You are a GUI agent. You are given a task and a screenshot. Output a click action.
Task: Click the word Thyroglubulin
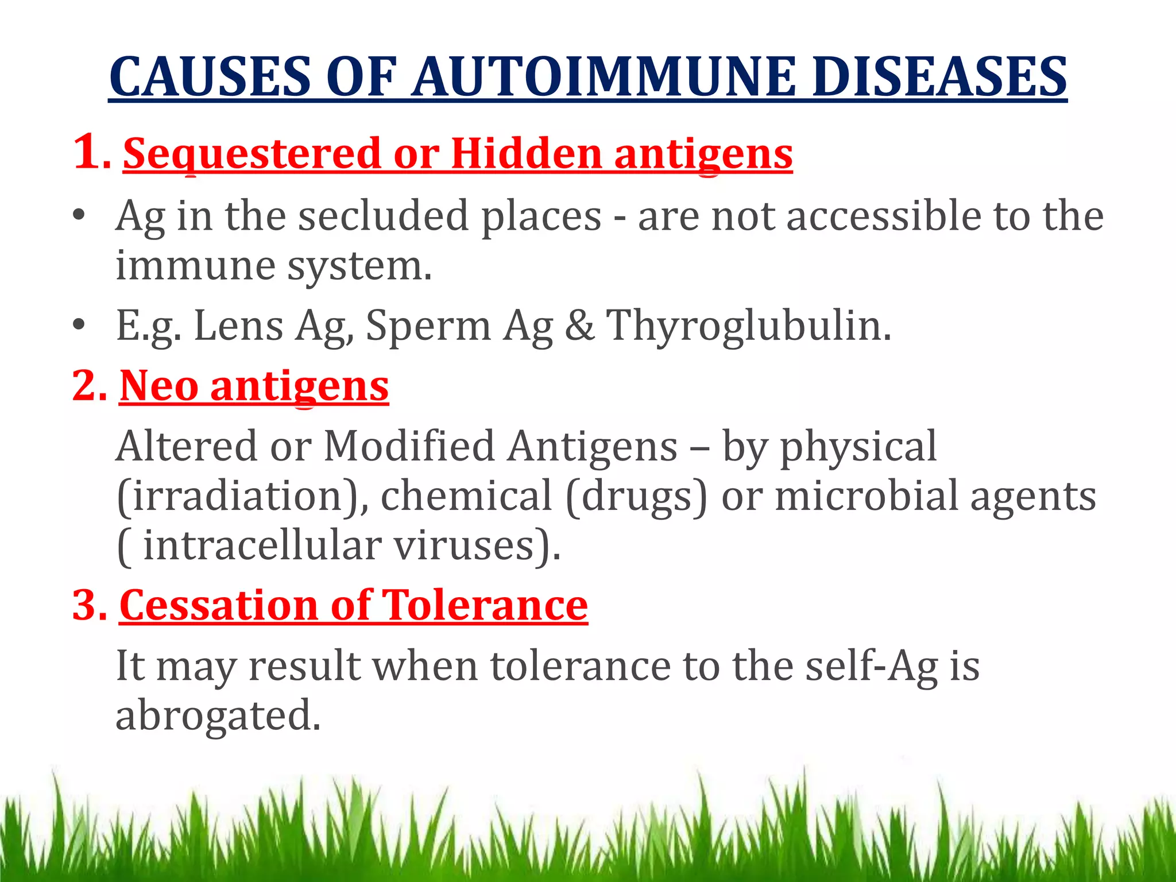[x=748, y=326]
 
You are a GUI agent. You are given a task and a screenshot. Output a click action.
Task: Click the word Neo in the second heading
[x=159, y=386]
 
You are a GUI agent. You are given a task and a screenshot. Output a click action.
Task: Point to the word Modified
[x=409, y=446]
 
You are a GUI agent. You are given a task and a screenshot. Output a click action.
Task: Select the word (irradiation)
[x=242, y=496]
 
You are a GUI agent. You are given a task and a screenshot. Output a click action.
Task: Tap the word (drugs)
[x=636, y=496]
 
